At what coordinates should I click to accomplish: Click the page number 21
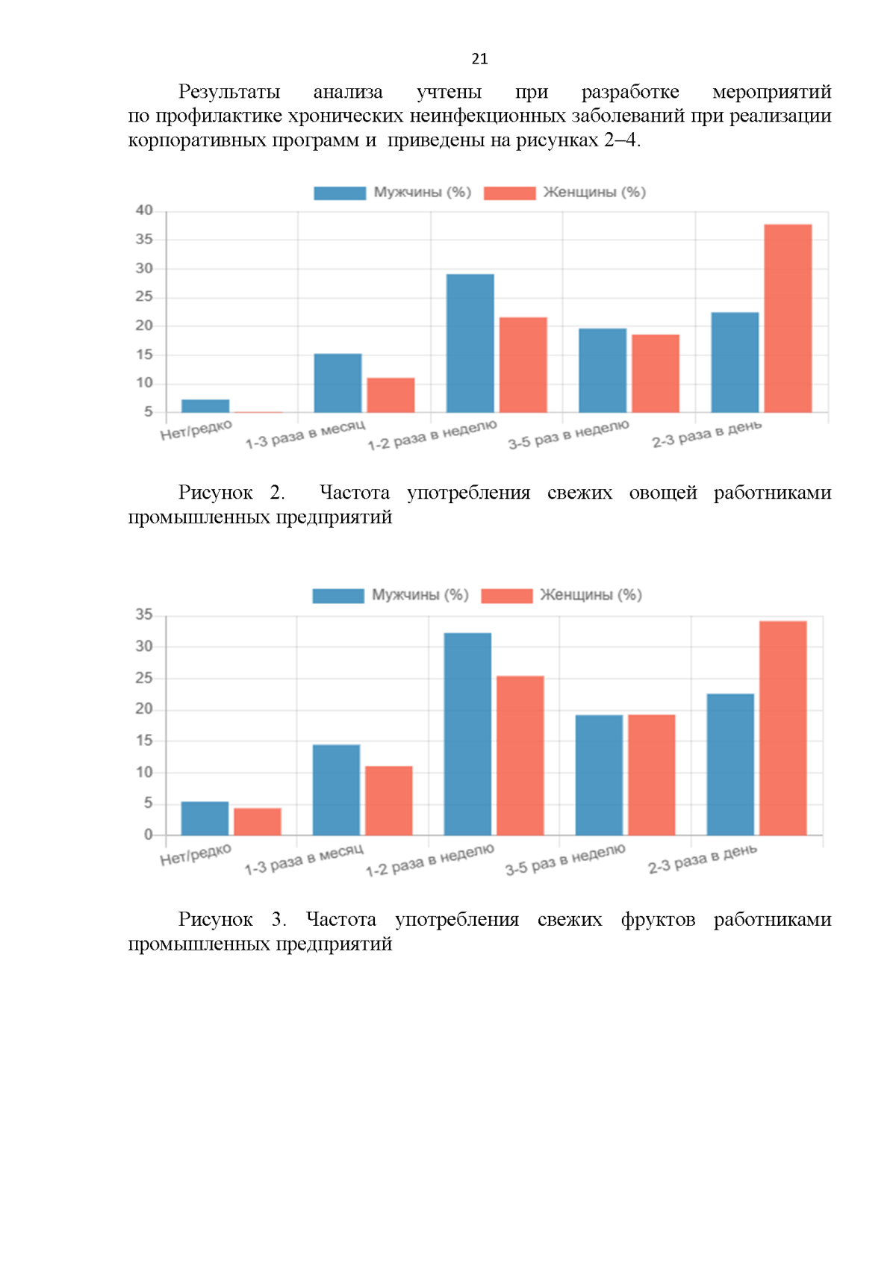click(479, 59)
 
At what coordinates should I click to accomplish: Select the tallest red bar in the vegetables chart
click(787, 318)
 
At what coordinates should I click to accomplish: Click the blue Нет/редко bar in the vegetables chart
click(205, 405)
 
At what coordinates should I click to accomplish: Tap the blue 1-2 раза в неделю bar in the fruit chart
click(467, 734)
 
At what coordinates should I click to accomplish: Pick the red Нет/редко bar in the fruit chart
click(258, 821)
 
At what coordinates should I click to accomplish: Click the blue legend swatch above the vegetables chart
click(340, 193)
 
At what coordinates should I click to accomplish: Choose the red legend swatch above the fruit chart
click(506, 595)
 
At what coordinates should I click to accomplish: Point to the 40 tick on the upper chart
click(144, 211)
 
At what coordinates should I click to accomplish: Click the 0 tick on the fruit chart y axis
click(148, 835)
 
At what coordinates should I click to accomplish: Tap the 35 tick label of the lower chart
click(144, 614)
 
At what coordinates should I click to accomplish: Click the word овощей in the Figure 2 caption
click(663, 493)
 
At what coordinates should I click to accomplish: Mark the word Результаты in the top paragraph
click(229, 92)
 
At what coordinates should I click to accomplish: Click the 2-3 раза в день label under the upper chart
click(706, 434)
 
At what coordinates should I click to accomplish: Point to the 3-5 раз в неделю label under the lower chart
click(565, 859)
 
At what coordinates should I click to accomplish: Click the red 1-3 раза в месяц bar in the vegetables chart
click(391, 395)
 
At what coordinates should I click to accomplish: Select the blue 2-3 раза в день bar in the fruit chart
click(730, 764)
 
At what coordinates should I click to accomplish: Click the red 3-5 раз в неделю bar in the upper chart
click(656, 373)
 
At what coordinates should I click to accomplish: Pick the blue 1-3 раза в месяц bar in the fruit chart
click(336, 789)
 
